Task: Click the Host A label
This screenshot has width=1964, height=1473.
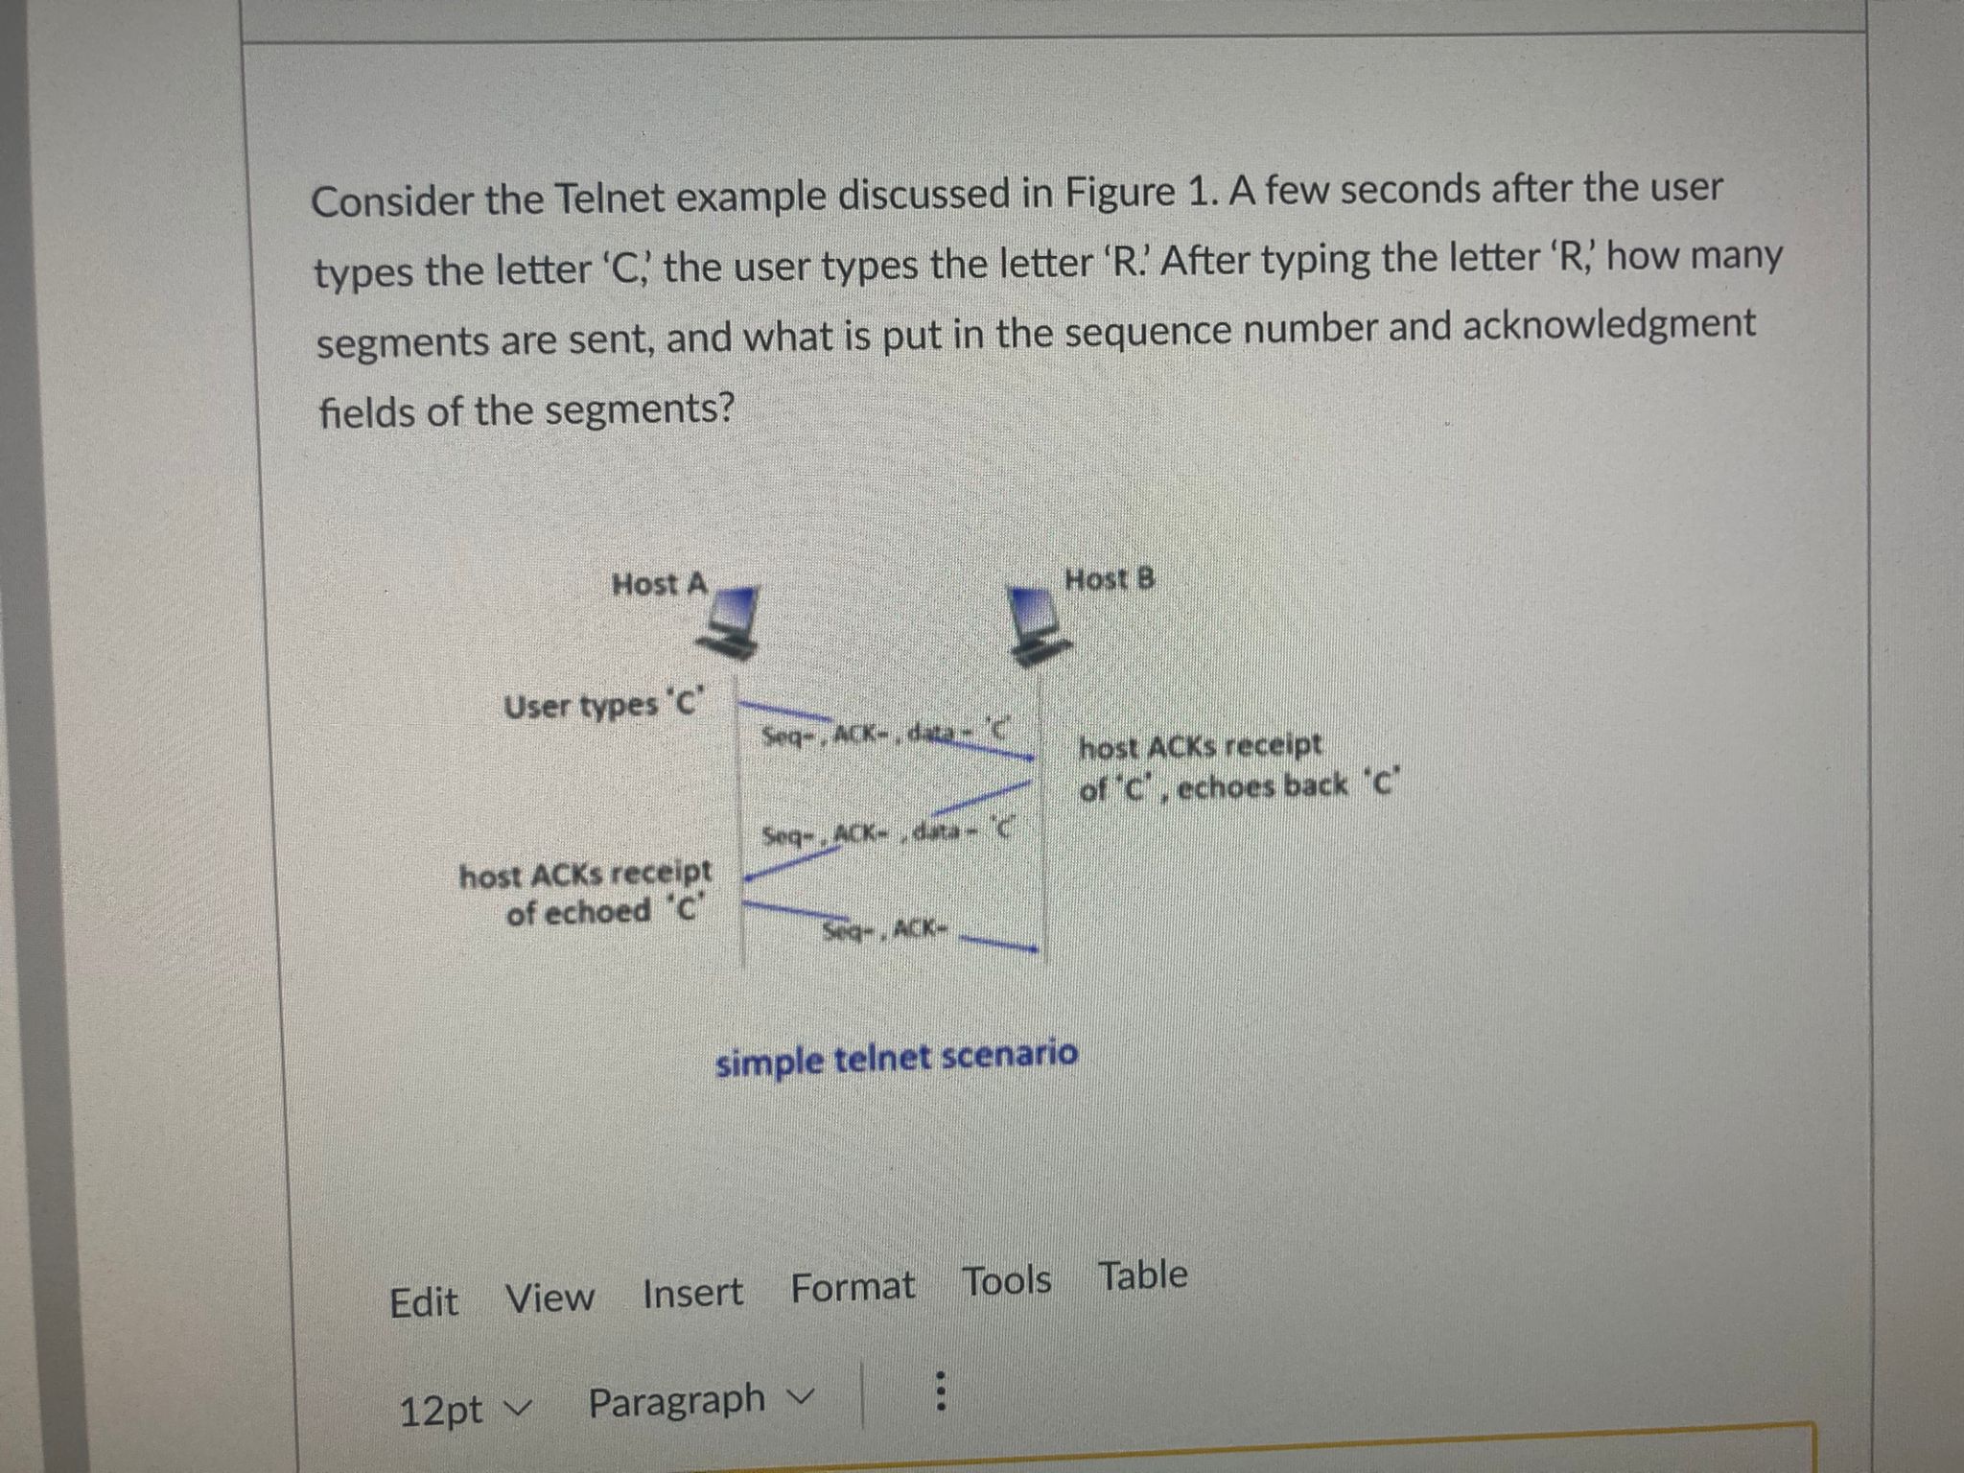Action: pyautogui.click(x=659, y=584)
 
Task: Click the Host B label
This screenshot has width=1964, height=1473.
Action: pyautogui.click(x=1111, y=579)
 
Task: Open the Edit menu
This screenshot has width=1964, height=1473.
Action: pyautogui.click(x=424, y=1302)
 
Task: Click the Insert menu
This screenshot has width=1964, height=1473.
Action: pyautogui.click(x=692, y=1293)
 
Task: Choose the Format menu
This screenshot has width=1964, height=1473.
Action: pyautogui.click(x=853, y=1286)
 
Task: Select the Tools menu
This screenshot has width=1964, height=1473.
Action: pyautogui.click(x=1007, y=1281)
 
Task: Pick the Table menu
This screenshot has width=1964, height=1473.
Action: pyautogui.click(x=1142, y=1275)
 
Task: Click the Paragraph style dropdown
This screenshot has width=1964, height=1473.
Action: pyautogui.click(x=701, y=1401)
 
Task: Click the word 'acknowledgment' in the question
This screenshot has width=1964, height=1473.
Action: pyautogui.click(x=1608, y=325)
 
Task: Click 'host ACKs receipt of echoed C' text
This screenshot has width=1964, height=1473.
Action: pyautogui.click(x=587, y=892)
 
